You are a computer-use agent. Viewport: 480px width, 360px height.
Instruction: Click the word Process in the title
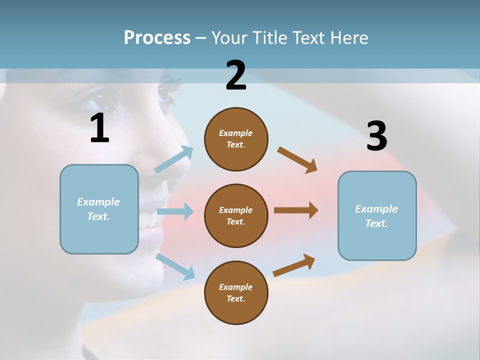(x=157, y=38)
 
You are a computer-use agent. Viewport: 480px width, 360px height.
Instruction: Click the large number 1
(x=99, y=128)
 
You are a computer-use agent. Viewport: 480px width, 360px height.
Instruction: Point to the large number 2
(x=236, y=75)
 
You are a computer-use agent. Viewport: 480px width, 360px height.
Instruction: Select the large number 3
(x=376, y=136)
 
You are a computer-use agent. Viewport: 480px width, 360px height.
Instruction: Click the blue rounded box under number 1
(x=99, y=209)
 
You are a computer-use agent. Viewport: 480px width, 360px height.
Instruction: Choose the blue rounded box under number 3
(x=377, y=216)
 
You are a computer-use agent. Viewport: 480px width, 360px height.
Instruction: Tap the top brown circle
(x=236, y=139)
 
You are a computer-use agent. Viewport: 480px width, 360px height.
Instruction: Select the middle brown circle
(x=236, y=216)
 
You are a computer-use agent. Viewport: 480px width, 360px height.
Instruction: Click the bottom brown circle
(x=236, y=292)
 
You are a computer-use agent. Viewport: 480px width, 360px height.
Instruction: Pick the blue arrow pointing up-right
(x=174, y=159)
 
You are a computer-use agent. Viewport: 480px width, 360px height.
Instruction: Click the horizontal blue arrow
(x=175, y=211)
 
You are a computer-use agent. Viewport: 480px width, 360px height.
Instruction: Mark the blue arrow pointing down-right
(x=175, y=266)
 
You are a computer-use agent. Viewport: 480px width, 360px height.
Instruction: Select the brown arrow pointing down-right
(x=297, y=160)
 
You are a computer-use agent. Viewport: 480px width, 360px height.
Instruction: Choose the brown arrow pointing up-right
(x=294, y=265)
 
